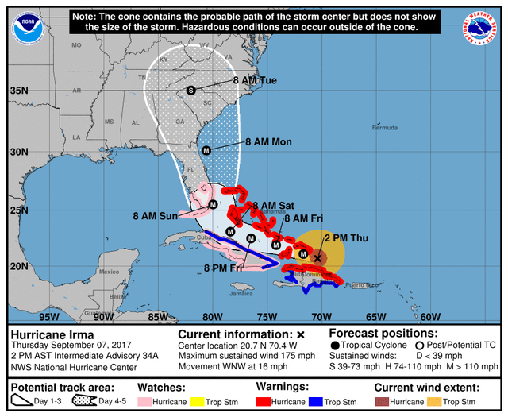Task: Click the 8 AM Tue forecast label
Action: [x=254, y=81]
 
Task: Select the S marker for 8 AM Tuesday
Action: [x=190, y=91]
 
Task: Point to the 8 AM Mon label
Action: [x=268, y=142]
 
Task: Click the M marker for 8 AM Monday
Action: [x=206, y=150]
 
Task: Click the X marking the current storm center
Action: [x=317, y=257]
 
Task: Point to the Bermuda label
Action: [x=386, y=128]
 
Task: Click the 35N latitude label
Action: [x=17, y=91]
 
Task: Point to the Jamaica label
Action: [x=219, y=293]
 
